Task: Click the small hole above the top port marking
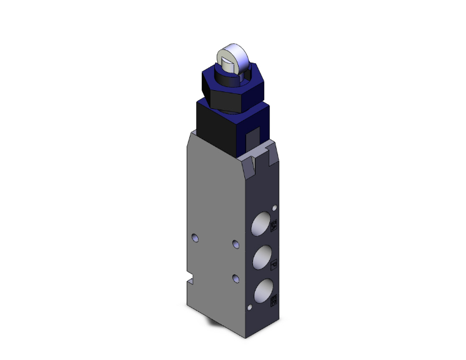pyautogui.click(x=274, y=207)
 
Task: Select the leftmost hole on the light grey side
pyautogui.click(x=196, y=237)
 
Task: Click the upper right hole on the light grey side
pyautogui.click(x=236, y=244)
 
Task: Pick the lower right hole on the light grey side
pyautogui.click(x=236, y=277)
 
